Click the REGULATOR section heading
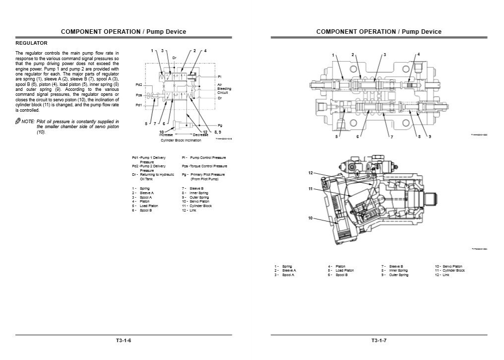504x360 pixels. (31, 43)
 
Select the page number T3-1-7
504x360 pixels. (378, 341)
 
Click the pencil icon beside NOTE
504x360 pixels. (18, 122)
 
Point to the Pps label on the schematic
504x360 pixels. (139, 95)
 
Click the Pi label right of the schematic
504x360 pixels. (219, 76)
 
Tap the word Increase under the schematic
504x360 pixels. (166, 135)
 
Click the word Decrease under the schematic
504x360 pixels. (201, 135)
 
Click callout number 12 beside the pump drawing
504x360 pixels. (311, 173)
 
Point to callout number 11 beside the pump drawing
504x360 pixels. (311, 189)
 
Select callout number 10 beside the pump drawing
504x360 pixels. (311, 218)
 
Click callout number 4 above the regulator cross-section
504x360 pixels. (418, 54)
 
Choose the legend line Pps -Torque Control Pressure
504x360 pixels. (204, 166)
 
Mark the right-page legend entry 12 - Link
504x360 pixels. (442, 275)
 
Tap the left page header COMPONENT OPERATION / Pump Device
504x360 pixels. (123, 32)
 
